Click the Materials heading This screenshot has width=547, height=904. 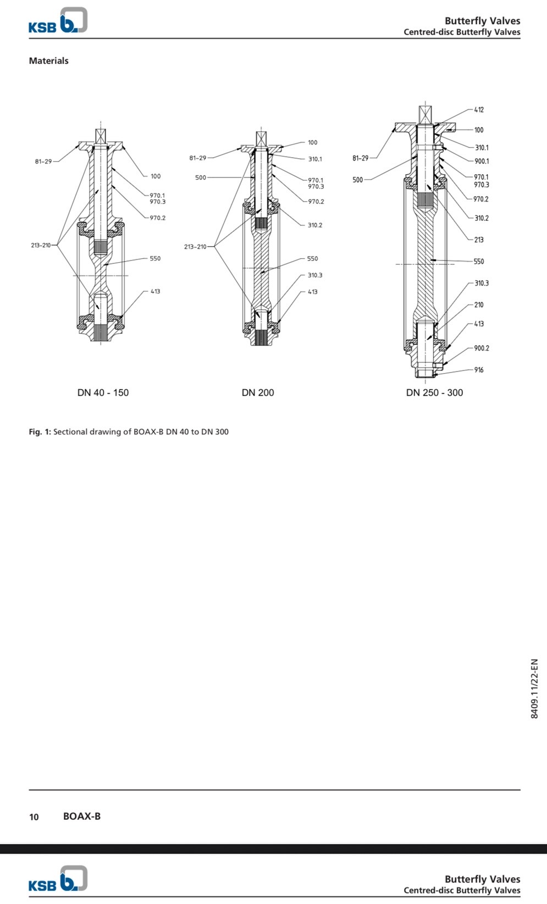[48, 60]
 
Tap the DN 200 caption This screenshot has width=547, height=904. [257, 392]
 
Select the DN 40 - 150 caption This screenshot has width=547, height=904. [103, 392]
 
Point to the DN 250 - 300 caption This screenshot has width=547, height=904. [434, 392]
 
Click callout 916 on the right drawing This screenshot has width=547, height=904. [479, 370]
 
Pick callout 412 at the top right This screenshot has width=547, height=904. [479, 110]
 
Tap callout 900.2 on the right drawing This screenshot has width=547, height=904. [481, 348]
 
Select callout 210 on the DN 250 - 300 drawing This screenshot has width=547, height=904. [479, 304]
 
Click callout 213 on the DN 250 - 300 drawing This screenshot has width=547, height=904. [479, 240]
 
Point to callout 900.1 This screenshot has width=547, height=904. [481, 161]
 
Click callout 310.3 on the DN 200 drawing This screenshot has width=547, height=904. [315, 275]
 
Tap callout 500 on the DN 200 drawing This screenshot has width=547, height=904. [201, 178]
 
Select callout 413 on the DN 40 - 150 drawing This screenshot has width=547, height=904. [156, 291]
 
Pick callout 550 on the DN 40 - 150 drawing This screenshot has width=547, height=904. [155, 258]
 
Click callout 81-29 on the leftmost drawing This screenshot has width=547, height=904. [43, 162]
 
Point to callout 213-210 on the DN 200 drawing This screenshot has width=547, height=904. [195, 247]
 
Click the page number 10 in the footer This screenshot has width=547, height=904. [34, 817]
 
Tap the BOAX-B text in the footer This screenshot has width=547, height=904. [82, 816]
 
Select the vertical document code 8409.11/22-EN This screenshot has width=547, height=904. [534, 689]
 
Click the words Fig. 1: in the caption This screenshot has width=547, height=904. [40, 432]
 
